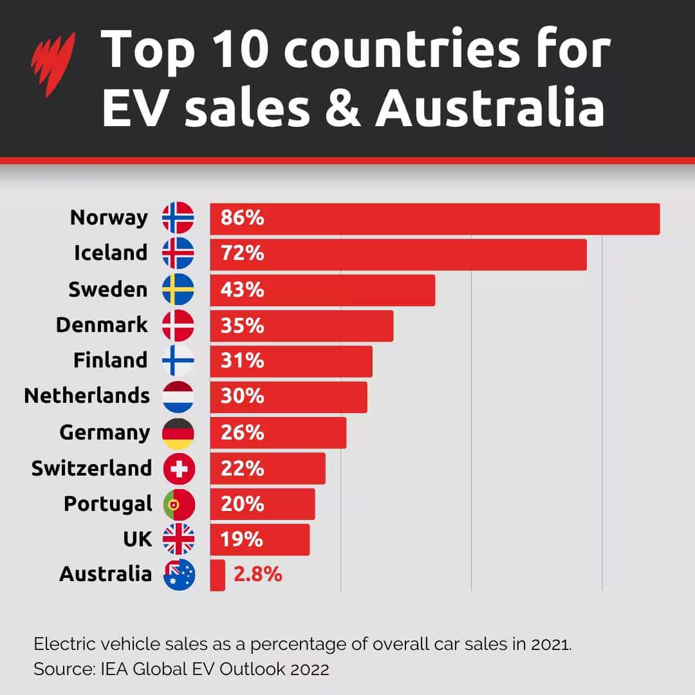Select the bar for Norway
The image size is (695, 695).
(x=434, y=219)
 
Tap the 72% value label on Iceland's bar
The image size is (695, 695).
(x=242, y=254)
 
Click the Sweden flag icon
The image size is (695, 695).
(x=178, y=290)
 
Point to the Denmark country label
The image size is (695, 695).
(x=102, y=325)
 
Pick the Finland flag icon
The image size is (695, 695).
(x=178, y=360)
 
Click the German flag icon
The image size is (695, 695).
(x=178, y=433)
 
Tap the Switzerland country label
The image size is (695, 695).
(x=91, y=468)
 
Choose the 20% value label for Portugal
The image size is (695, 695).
(x=242, y=504)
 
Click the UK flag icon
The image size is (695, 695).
(x=178, y=539)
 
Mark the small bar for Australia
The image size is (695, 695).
(x=218, y=575)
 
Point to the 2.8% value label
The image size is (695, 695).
(x=257, y=574)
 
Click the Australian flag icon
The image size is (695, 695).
(x=179, y=575)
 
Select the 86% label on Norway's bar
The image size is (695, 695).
(x=242, y=218)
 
